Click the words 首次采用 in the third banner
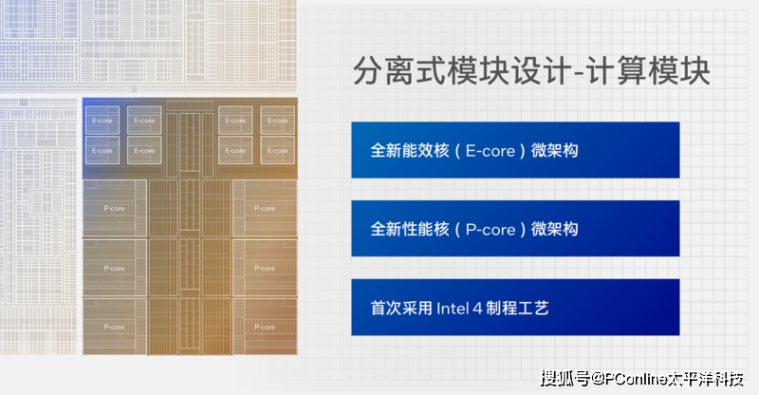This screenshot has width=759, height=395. (401, 308)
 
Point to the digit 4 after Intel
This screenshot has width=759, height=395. (484, 308)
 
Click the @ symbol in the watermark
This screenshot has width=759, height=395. (591, 380)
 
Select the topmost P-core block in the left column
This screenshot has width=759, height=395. (114, 208)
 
